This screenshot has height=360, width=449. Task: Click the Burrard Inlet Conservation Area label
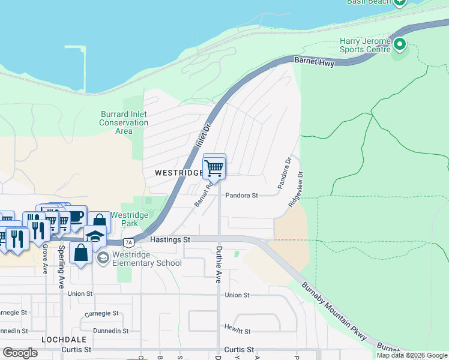tap(124, 122)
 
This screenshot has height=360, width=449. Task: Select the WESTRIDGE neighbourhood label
tap(178, 172)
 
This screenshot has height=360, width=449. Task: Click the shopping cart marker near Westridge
tap(214, 168)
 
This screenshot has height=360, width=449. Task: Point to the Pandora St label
tap(241, 196)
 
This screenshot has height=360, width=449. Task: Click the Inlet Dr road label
tap(203, 137)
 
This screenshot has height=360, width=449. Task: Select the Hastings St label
tap(170, 239)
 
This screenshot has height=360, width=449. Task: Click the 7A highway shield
tap(128, 242)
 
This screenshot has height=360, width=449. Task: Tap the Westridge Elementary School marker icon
tap(103, 257)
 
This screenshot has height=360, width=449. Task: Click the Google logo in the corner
tap(20, 353)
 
